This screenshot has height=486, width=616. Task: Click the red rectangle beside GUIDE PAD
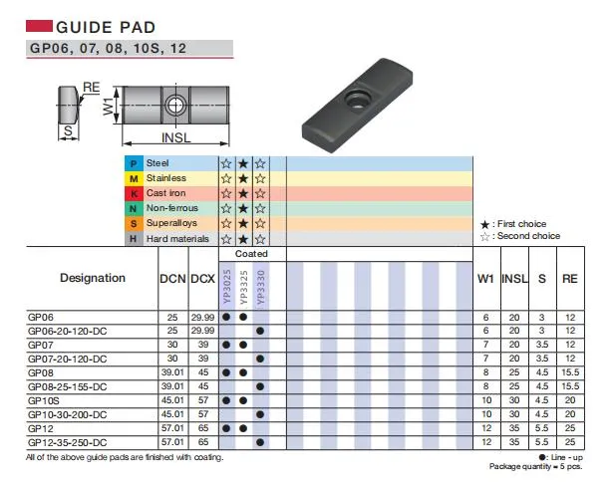click(39, 26)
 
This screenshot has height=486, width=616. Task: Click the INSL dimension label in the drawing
click(176, 137)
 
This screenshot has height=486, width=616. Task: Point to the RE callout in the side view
click(91, 88)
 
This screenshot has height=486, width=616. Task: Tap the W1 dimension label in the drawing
click(108, 107)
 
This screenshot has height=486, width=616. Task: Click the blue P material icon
click(134, 163)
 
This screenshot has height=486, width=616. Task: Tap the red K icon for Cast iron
click(134, 193)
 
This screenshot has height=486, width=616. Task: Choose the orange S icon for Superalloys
click(134, 224)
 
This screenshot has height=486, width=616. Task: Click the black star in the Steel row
click(243, 163)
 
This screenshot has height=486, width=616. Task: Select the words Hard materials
click(177, 239)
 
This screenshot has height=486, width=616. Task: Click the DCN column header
click(172, 279)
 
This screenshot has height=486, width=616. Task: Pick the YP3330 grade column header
click(261, 287)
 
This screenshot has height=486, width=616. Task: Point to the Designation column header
click(93, 278)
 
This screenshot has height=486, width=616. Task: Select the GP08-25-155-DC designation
click(67, 387)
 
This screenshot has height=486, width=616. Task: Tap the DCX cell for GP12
click(203, 428)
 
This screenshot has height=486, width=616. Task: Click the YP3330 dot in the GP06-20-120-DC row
click(260, 331)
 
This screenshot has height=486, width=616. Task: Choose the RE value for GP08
click(570, 372)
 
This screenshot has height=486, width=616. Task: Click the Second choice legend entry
click(520, 236)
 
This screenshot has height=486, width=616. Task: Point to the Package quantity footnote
click(536, 466)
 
